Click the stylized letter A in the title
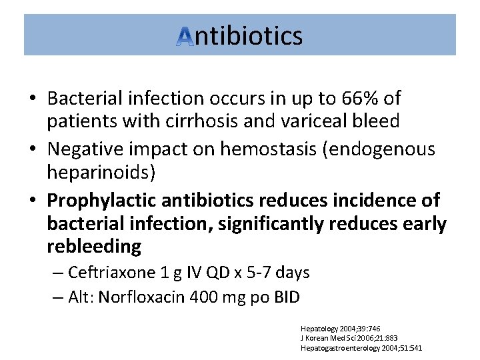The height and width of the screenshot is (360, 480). (185, 37)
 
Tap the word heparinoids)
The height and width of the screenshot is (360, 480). (101, 172)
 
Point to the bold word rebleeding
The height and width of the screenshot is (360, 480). (94, 246)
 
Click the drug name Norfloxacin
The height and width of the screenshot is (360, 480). (138, 297)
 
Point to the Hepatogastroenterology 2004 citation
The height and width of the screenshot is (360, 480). (361, 347)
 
